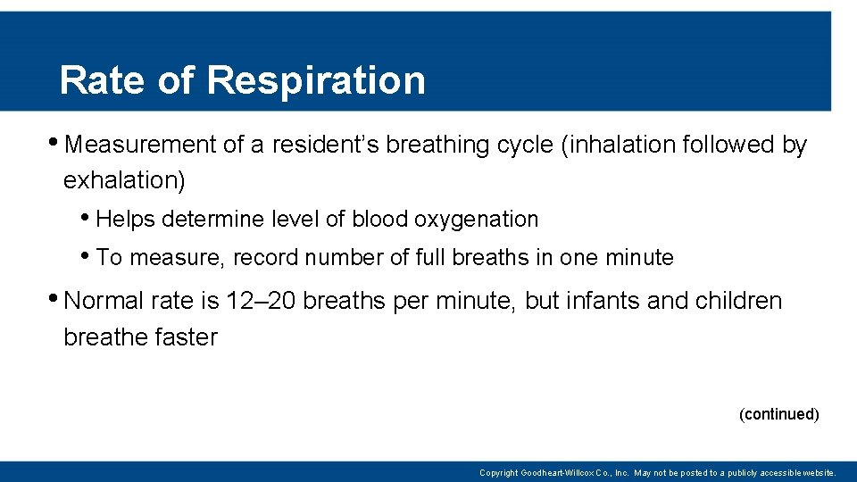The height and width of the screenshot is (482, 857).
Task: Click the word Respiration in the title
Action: (x=316, y=80)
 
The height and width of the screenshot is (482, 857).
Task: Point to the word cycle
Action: (x=521, y=145)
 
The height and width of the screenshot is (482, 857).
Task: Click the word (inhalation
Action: (x=618, y=145)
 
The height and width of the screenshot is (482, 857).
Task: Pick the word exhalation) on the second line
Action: (x=124, y=180)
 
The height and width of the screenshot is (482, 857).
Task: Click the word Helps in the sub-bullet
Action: (x=125, y=219)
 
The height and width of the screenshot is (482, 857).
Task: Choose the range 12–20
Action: (x=261, y=301)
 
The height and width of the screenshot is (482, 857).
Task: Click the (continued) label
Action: (x=778, y=414)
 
